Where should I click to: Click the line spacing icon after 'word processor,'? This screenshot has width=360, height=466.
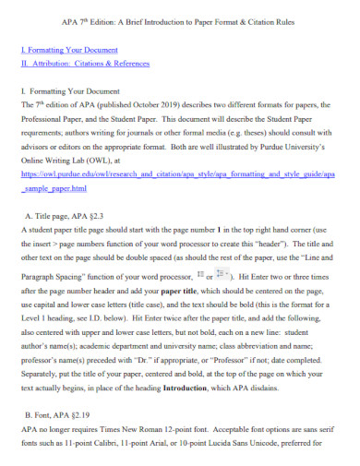pyautogui.click(x=199, y=276)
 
